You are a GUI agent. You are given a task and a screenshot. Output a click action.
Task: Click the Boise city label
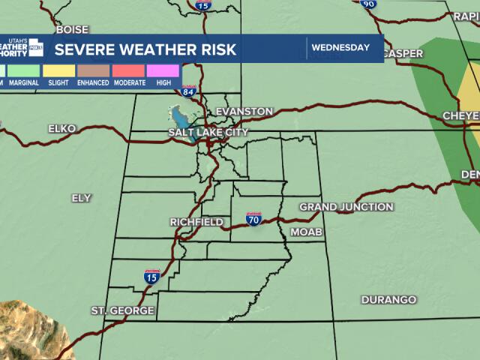pyautogui.click(x=72, y=30)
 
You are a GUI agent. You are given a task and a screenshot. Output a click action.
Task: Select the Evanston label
pyautogui.click(x=244, y=112)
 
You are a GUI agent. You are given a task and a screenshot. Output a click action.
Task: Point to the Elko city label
pyautogui.click(x=62, y=129)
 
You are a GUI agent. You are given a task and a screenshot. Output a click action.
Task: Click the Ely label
pyautogui.click(x=81, y=198)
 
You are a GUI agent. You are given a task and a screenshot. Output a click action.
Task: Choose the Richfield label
pyautogui.click(x=196, y=223)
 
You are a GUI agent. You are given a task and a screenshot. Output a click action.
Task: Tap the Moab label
pyautogui.click(x=306, y=232)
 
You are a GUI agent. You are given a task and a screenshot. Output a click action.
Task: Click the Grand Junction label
pyautogui.click(x=346, y=207)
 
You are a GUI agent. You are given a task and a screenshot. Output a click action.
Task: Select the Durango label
pyautogui.click(x=388, y=300)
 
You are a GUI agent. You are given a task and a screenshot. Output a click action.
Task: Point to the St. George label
pyautogui.click(x=123, y=310)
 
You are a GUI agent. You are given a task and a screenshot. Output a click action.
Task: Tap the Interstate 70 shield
pyautogui.click(x=254, y=220)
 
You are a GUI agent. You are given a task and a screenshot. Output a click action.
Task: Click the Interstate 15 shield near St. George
pyautogui.click(x=151, y=277)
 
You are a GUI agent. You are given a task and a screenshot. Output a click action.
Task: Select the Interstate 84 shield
pyautogui.click(x=189, y=91)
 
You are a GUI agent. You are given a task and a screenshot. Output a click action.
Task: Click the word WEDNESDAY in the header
pyautogui.click(x=340, y=48)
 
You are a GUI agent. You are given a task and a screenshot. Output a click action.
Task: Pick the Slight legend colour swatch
pyautogui.click(x=59, y=71)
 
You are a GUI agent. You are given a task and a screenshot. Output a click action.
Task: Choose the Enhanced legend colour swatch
pyautogui.click(x=94, y=71)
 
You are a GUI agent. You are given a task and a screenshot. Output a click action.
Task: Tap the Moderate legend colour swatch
pyautogui.click(x=129, y=71)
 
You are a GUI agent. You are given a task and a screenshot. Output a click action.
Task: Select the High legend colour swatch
pyautogui.click(x=163, y=71)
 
